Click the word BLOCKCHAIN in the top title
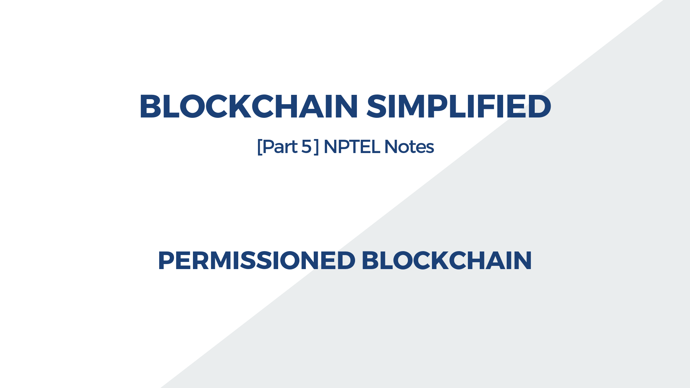(x=248, y=106)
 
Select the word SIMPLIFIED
(x=459, y=106)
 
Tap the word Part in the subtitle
(x=280, y=147)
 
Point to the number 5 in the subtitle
(x=306, y=147)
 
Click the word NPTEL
(x=351, y=147)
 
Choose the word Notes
(x=409, y=147)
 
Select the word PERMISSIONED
(x=257, y=260)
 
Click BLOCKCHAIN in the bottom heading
(x=446, y=260)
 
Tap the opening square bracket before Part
(x=259, y=147)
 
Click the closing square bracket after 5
(x=316, y=147)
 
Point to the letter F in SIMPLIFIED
(x=485, y=106)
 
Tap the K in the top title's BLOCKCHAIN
(x=240, y=106)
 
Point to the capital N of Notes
(x=391, y=147)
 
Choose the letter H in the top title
(x=286, y=106)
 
